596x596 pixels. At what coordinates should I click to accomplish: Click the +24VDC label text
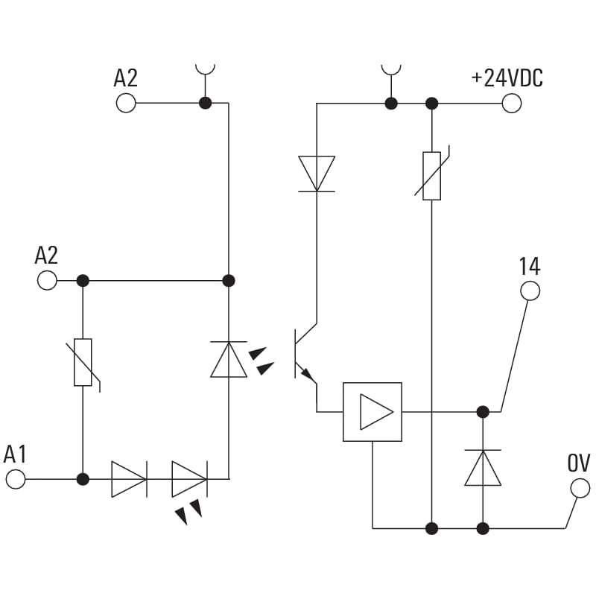point(507,78)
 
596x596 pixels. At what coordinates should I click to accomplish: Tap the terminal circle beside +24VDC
point(512,103)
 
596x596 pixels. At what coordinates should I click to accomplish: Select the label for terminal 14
point(529,266)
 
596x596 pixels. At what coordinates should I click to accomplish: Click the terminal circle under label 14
point(530,291)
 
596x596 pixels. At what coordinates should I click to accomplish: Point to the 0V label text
point(579,463)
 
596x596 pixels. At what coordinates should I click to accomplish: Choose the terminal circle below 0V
point(580,489)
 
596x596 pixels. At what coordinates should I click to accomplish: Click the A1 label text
point(15,454)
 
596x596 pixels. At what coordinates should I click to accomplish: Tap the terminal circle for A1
point(16,479)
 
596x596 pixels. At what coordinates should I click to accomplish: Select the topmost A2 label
point(125,78)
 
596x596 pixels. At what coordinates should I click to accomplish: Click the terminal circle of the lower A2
point(47,280)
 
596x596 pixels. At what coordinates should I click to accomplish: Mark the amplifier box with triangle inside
point(372,412)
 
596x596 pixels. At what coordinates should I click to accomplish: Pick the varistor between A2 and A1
point(83,362)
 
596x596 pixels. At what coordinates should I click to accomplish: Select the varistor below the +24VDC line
point(431,176)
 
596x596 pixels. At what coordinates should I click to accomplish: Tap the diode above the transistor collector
point(317,174)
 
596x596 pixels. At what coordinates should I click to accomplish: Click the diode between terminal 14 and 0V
point(483,468)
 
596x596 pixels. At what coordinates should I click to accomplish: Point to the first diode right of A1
point(129,479)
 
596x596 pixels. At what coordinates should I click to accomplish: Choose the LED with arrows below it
point(189,479)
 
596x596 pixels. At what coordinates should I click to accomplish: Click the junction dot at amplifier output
point(483,411)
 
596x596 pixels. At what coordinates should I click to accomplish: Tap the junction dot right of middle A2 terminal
point(83,280)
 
